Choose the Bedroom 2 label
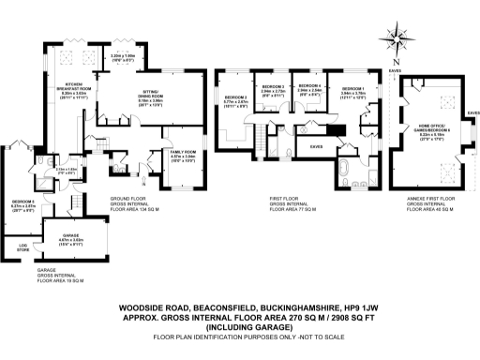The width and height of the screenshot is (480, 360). point(235,97)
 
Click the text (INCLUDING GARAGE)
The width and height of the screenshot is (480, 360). point(240,327)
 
